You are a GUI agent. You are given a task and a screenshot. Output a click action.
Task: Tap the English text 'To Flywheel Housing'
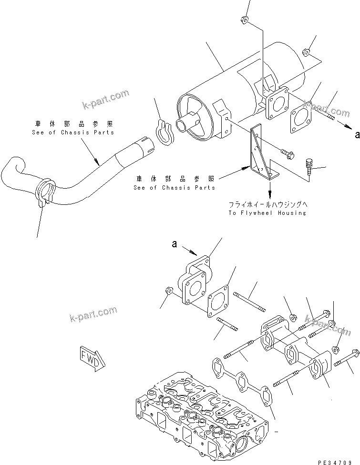tap(267, 213)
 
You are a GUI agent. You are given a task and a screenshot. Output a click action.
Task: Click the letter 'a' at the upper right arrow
tap(357, 135)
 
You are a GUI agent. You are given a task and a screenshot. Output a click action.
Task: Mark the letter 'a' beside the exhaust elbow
tap(175, 244)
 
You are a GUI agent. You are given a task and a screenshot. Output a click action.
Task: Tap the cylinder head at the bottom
tap(200, 419)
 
